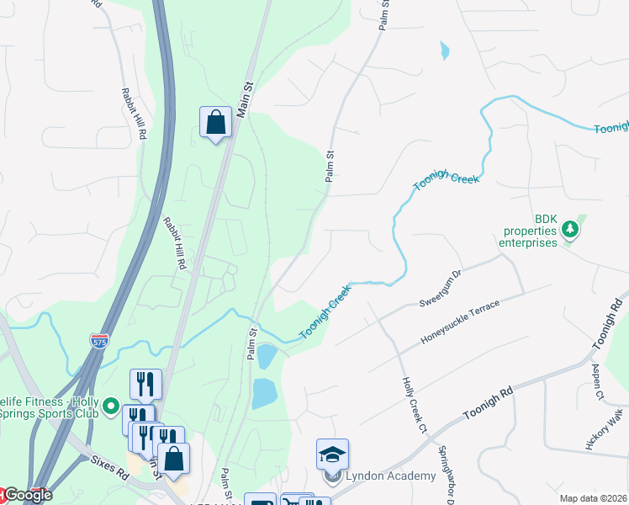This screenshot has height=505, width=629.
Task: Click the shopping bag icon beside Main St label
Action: pyautogui.click(x=216, y=122)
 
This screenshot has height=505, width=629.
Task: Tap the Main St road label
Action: pyautogui.click(x=245, y=98)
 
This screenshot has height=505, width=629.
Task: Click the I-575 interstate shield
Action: pyautogui.click(x=99, y=341)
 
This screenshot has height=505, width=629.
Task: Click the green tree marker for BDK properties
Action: pyautogui.click(x=570, y=229)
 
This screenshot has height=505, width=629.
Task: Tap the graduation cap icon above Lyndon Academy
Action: pyautogui.click(x=332, y=454)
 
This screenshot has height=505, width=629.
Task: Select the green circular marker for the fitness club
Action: pyautogui.click(x=110, y=407)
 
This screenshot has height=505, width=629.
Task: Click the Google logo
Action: pyautogui.click(x=27, y=496)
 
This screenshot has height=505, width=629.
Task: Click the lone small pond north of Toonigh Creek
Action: pyautogui.click(x=444, y=51)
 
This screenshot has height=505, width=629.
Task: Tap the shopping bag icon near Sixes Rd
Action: pyautogui.click(x=174, y=459)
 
